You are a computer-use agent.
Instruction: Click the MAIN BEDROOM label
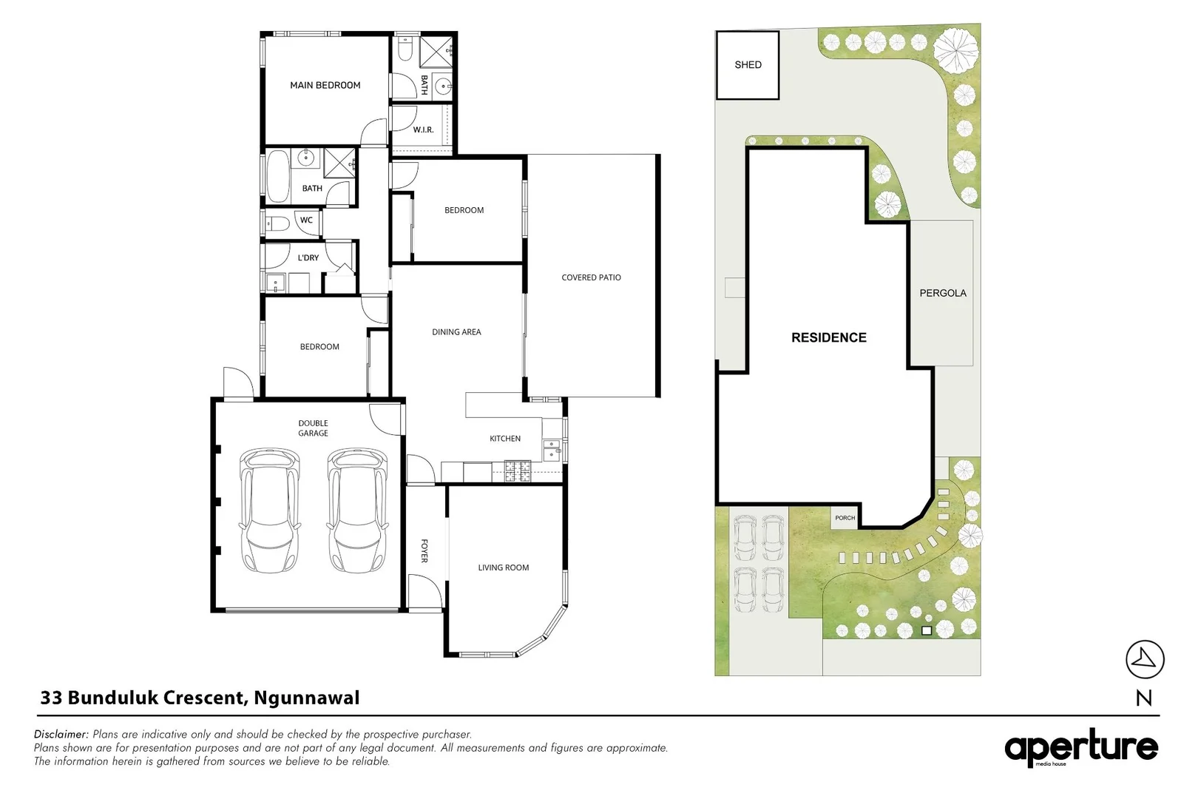[325, 85]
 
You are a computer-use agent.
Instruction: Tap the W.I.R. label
[423, 129]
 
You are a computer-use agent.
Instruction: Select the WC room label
[306, 220]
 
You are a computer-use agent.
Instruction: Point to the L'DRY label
[308, 257]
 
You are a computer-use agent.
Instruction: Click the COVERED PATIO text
[591, 277]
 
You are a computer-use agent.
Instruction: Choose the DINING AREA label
[456, 331]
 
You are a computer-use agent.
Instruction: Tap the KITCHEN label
[505, 438]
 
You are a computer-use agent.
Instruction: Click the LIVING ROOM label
[504, 567]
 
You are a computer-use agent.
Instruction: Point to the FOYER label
[424, 550]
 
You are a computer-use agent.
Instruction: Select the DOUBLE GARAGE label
[313, 428]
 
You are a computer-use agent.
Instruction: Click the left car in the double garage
[269, 510]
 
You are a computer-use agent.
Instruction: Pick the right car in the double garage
[356, 510]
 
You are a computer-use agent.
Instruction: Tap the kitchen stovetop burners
[518, 471]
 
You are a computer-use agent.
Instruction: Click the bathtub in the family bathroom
[277, 177]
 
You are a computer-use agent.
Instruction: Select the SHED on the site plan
[748, 65]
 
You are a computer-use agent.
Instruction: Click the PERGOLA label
[943, 293]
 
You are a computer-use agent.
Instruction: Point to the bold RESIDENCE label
[829, 337]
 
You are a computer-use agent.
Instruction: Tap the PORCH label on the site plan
[845, 518]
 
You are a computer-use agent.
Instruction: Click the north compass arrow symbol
[1145, 659]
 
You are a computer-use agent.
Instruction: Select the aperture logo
[1081, 747]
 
